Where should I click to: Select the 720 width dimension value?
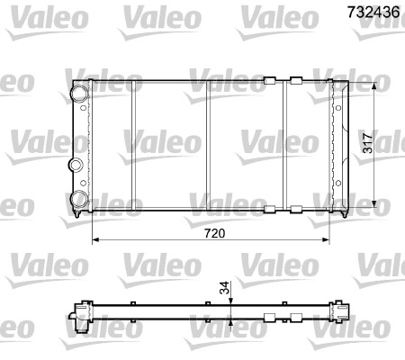tap(212, 233)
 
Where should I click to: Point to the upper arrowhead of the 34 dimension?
tap(231, 301)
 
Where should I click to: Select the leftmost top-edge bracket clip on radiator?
tap(266, 81)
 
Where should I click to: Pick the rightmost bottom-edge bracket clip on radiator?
tap(295, 210)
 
